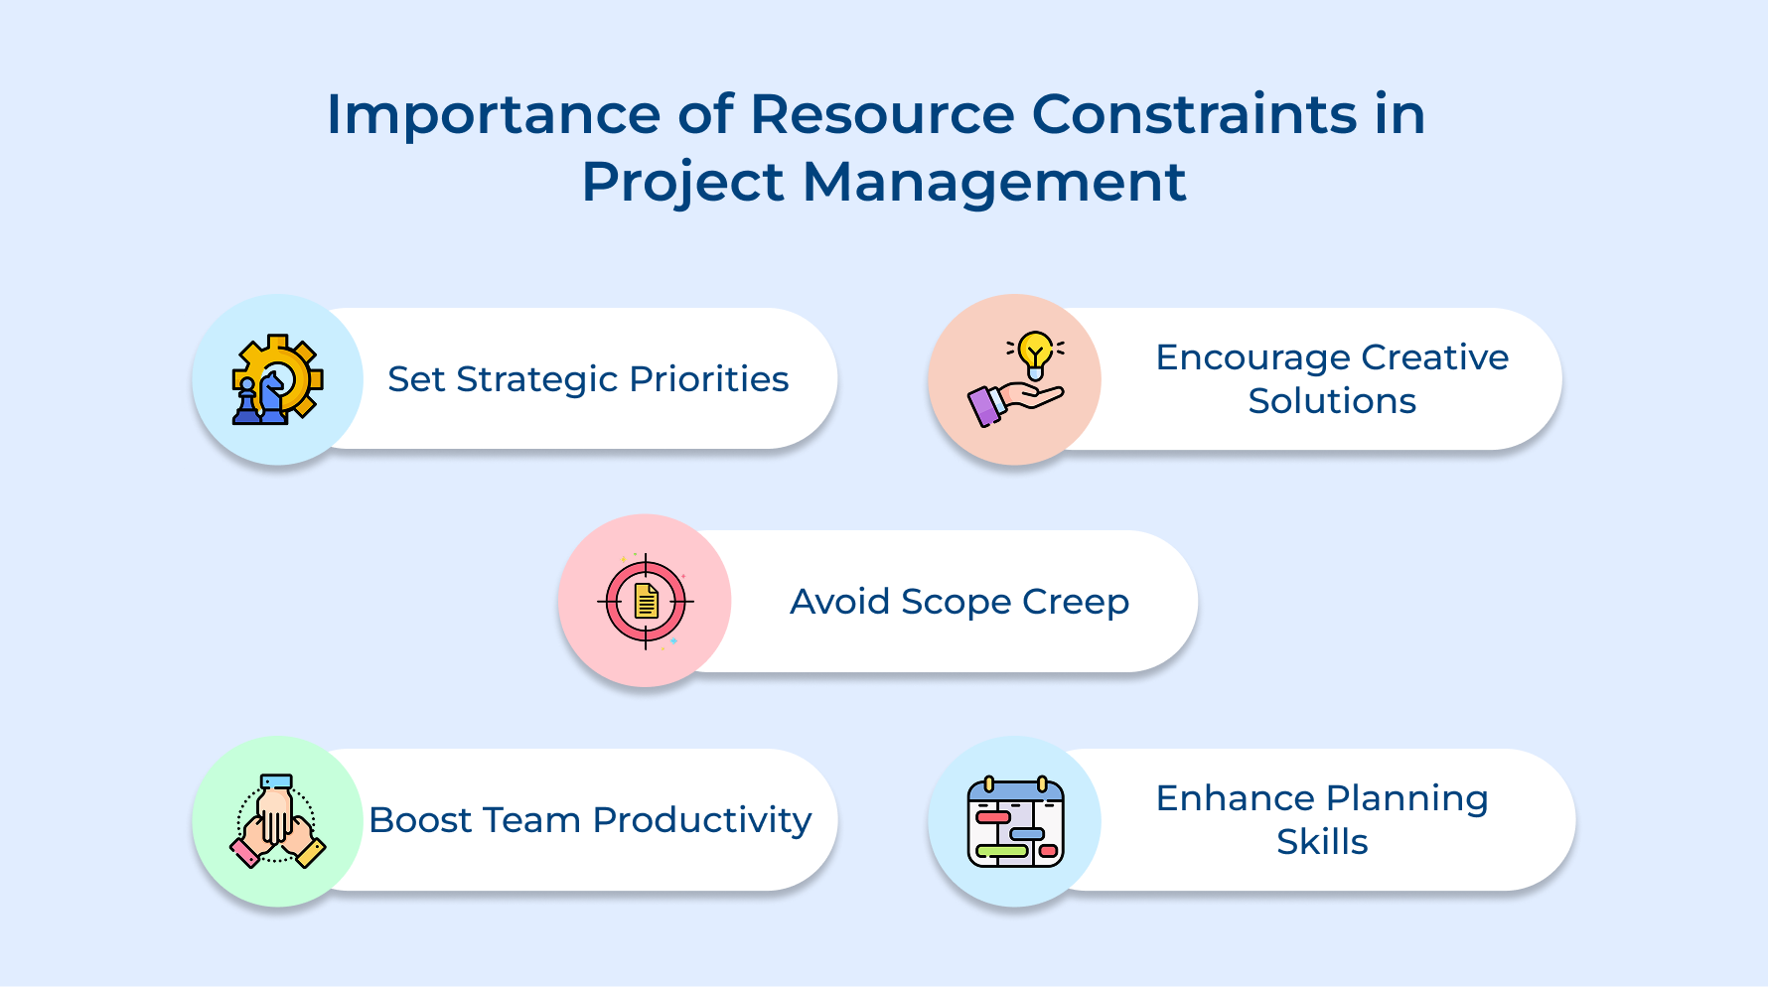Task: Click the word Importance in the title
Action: tap(494, 116)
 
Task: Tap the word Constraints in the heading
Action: tap(1194, 114)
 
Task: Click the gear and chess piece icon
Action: tap(277, 379)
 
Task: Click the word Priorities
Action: tap(708, 379)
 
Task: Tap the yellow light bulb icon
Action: tap(1035, 353)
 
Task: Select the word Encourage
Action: tap(1252, 358)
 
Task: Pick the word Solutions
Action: tap(1331, 401)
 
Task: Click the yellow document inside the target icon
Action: tap(646, 601)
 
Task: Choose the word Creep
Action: tap(1076, 603)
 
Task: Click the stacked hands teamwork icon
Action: tap(277, 821)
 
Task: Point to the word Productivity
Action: tap(701, 821)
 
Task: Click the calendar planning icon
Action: tap(1015, 821)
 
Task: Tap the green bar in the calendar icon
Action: tap(1001, 851)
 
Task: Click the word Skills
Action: tap(1321, 842)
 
